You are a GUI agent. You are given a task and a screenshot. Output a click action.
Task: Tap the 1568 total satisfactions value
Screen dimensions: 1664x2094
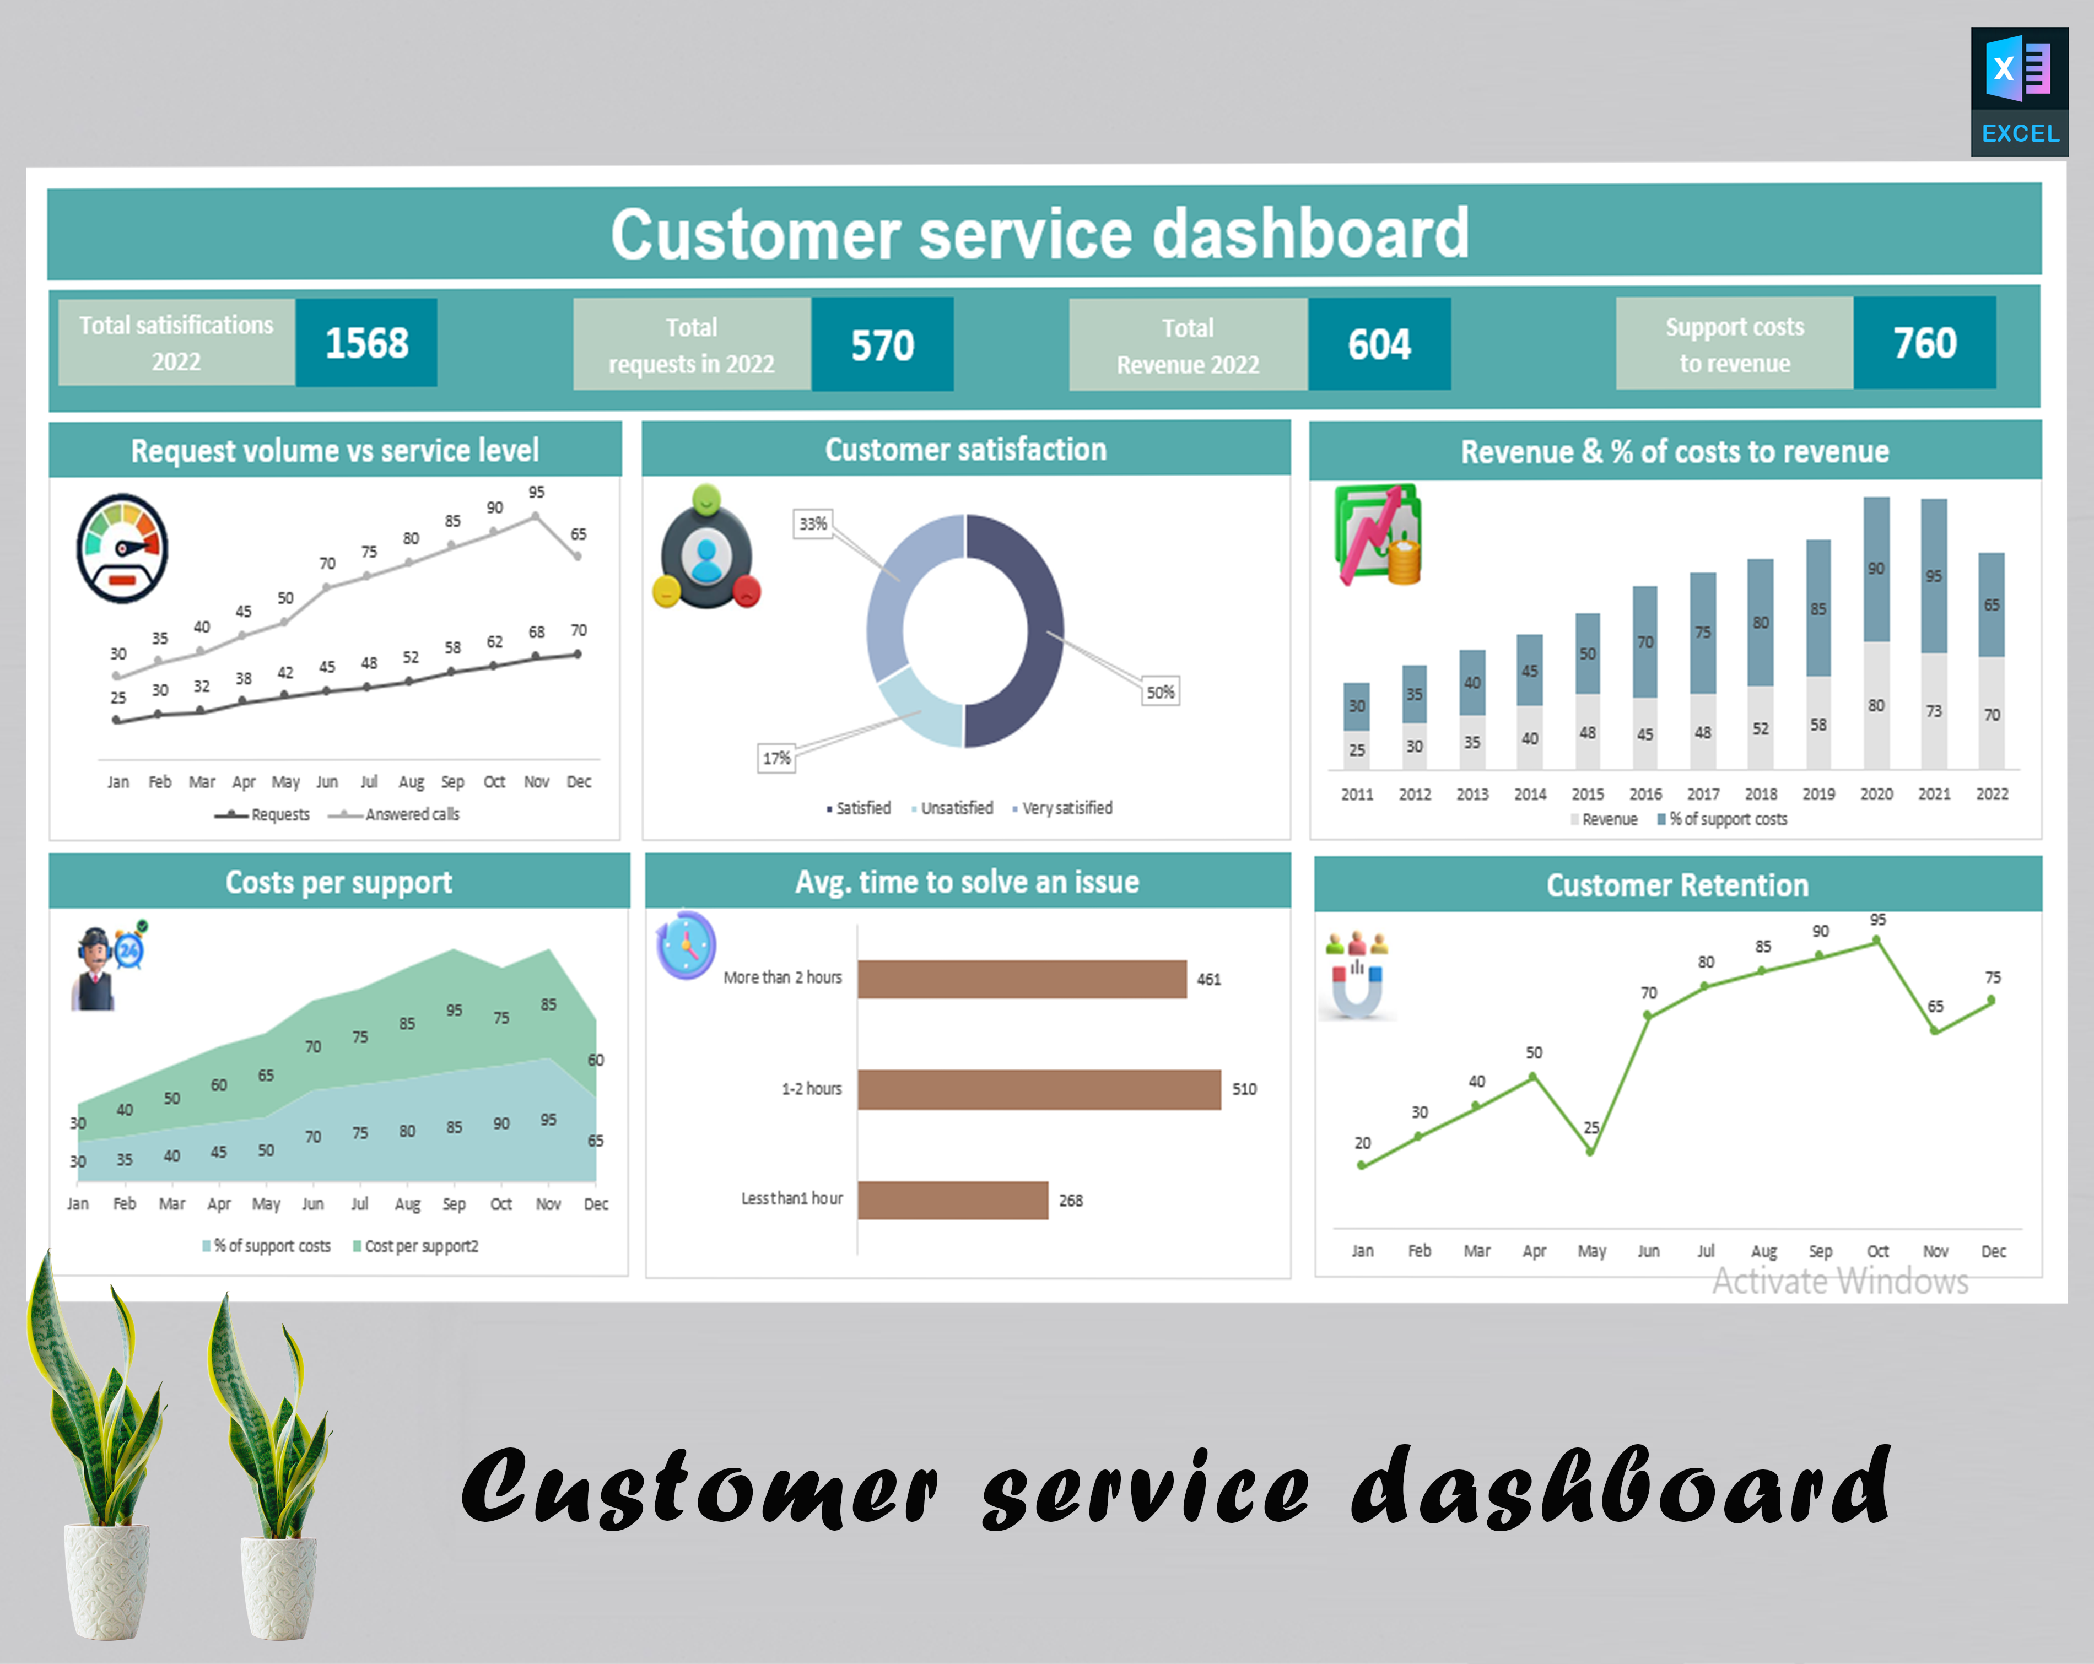(366, 343)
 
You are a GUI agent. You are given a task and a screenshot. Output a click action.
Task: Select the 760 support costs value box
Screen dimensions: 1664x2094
(1924, 343)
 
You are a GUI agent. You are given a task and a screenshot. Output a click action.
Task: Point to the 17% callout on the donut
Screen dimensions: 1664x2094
(776, 758)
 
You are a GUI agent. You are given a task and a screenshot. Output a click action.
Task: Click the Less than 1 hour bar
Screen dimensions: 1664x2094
(952, 1200)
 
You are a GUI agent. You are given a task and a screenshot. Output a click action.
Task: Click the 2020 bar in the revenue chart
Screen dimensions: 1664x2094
(1875, 631)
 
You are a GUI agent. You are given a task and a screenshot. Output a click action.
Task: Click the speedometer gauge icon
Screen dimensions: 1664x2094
(122, 549)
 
